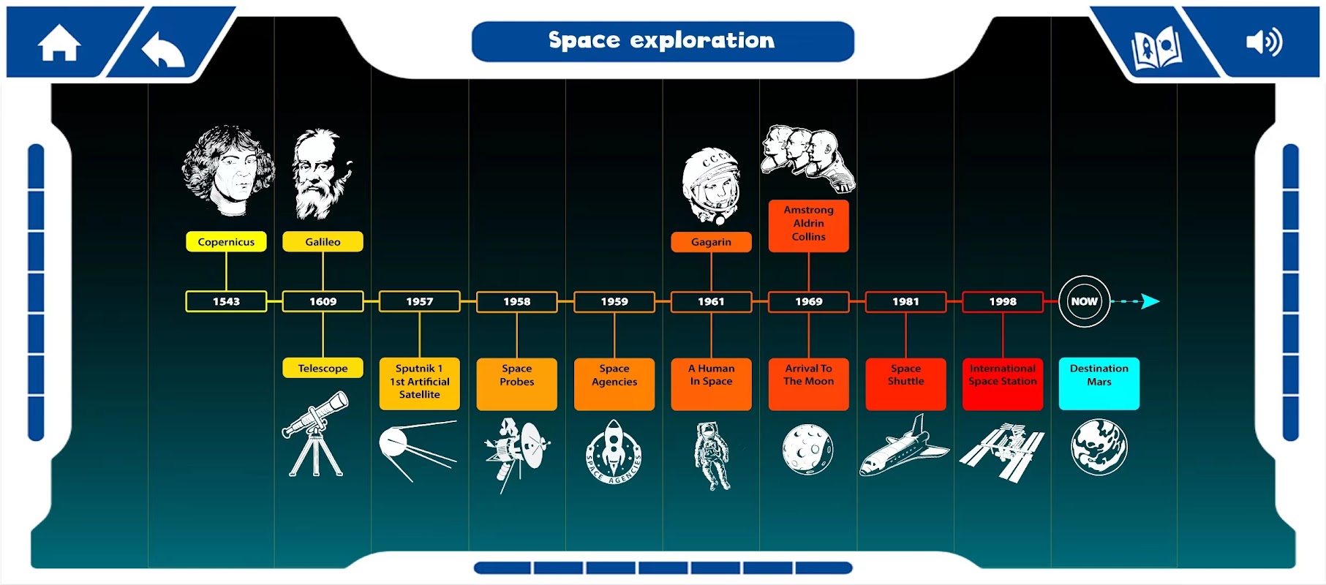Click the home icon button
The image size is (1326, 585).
click(59, 43)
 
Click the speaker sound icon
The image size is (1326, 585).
click(1264, 42)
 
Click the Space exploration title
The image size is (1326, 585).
click(662, 40)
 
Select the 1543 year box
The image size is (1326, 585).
click(226, 301)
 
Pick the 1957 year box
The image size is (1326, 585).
click(420, 301)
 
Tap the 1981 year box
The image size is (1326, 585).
click(905, 301)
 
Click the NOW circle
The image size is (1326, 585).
click(1084, 301)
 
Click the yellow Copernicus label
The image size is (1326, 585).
click(226, 242)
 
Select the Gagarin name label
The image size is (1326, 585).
click(711, 242)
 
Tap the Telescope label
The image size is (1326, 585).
click(323, 368)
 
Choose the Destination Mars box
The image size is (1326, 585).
click(1099, 383)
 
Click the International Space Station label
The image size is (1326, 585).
click(1003, 383)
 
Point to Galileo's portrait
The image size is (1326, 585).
click(322, 174)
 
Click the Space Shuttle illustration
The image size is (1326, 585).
click(904, 445)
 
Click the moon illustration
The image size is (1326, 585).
click(807, 449)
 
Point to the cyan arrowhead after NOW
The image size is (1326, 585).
click(1150, 301)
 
